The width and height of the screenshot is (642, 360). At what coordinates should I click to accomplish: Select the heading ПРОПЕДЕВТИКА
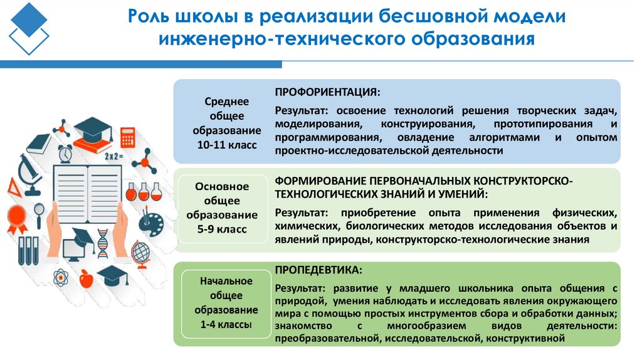(x=317, y=270)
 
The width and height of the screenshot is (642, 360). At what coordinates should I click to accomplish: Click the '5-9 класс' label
(x=221, y=229)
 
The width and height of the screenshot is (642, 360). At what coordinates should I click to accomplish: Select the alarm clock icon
(x=65, y=154)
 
